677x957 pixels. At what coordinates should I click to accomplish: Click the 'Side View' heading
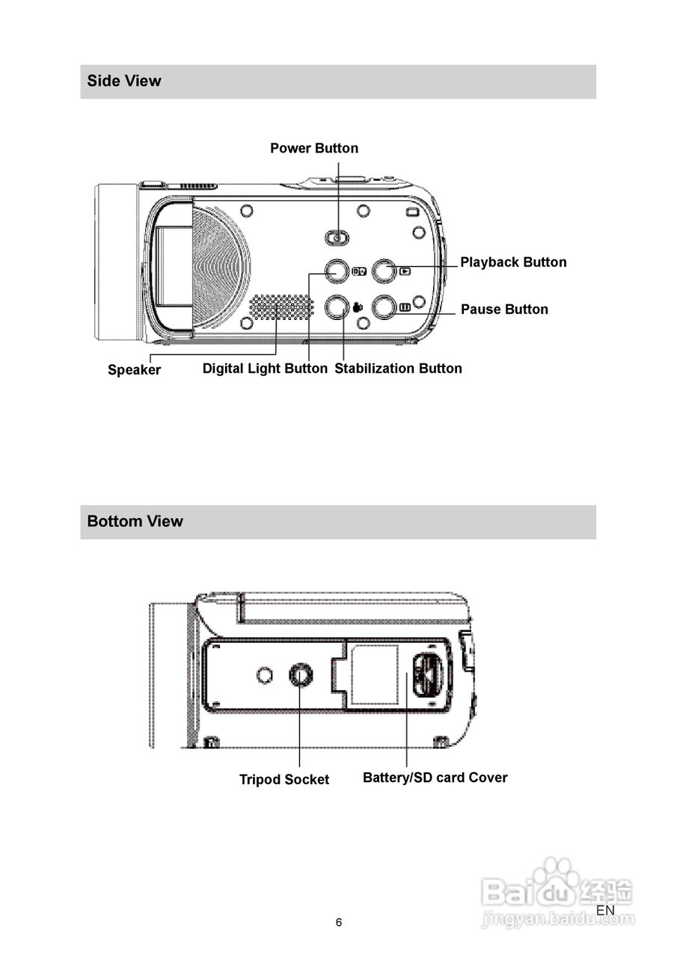click(124, 81)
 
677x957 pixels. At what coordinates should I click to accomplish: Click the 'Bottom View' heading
click(135, 521)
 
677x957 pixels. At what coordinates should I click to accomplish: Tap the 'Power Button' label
click(314, 148)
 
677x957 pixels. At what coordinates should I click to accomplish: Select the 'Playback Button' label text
click(513, 262)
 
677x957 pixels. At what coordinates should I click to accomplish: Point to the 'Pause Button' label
click(504, 309)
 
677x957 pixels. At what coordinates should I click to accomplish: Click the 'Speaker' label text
click(134, 369)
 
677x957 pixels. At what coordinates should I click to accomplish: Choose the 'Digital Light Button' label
click(265, 368)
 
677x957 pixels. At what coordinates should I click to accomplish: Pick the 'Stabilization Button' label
click(398, 368)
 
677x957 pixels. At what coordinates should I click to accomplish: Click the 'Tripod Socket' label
click(284, 779)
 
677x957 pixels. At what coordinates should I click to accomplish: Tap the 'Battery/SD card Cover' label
click(435, 778)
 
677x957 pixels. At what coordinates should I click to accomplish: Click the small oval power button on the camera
click(337, 238)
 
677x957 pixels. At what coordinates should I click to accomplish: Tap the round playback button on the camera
click(384, 271)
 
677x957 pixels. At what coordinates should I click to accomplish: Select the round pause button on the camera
click(384, 307)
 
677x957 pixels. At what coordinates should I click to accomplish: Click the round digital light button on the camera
click(336, 271)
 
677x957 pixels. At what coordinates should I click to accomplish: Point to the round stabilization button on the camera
click(336, 307)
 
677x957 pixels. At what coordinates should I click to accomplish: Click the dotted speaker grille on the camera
click(281, 307)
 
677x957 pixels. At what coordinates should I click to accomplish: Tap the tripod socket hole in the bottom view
click(301, 675)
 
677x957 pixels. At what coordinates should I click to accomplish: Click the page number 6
click(339, 923)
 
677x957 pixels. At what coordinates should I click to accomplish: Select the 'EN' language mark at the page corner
click(605, 910)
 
